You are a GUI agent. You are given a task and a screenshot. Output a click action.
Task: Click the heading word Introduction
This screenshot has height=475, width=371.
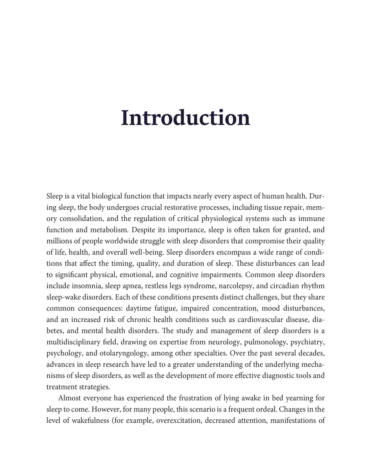click(x=185, y=118)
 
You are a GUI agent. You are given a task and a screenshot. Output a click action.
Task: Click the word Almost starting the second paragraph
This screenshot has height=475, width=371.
click(x=70, y=398)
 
